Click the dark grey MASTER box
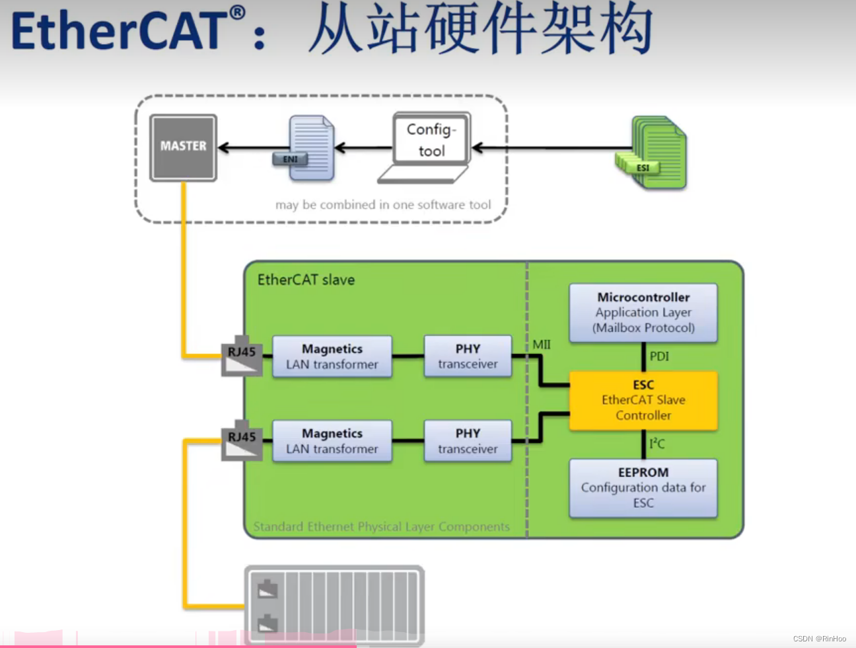pyautogui.click(x=183, y=147)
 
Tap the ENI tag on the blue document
pyautogui.click(x=290, y=159)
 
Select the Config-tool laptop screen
pyautogui.click(x=431, y=140)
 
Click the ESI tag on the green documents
pyautogui.click(x=642, y=168)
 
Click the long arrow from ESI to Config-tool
pyautogui.click(x=548, y=147)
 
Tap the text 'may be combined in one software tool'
pyautogui.click(x=383, y=205)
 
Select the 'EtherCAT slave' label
pyautogui.click(x=306, y=280)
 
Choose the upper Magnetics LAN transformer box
pyautogui.click(x=332, y=356)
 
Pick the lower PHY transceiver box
pyautogui.click(x=468, y=441)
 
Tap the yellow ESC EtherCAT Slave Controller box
pyautogui.click(x=643, y=400)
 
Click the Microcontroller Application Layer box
pyautogui.click(x=643, y=313)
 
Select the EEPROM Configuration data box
pyautogui.click(x=643, y=488)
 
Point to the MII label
pyautogui.click(x=542, y=344)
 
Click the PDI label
pyautogui.click(x=659, y=356)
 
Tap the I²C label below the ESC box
pyautogui.click(x=657, y=444)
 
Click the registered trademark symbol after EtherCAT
pyautogui.click(x=238, y=13)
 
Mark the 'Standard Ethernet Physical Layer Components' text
pyautogui.click(x=382, y=527)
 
